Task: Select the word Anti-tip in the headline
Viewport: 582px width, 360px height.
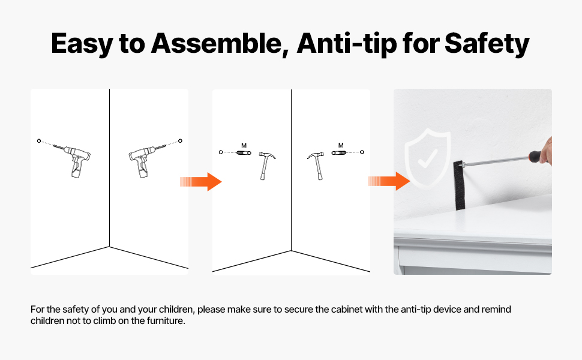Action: (x=347, y=44)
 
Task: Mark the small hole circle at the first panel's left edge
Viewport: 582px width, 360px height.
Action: (x=39, y=141)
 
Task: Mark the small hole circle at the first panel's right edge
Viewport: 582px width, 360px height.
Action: (x=181, y=140)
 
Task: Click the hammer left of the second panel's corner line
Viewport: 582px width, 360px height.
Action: (x=266, y=165)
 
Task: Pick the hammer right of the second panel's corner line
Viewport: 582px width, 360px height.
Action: (x=316, y=165)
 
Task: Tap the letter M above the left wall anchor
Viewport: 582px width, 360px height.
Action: (x=244, y=145)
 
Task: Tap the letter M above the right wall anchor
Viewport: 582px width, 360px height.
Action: (x=341, y=145)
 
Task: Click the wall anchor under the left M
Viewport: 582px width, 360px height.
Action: (x=244, y=152)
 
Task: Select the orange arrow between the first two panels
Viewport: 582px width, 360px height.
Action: (x=201, y=182)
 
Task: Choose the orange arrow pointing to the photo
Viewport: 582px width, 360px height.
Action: (x=389, y=181)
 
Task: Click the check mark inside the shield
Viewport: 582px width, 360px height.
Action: (x=427, y=158)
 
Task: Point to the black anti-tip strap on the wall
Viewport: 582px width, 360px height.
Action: (x=459, y=185)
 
